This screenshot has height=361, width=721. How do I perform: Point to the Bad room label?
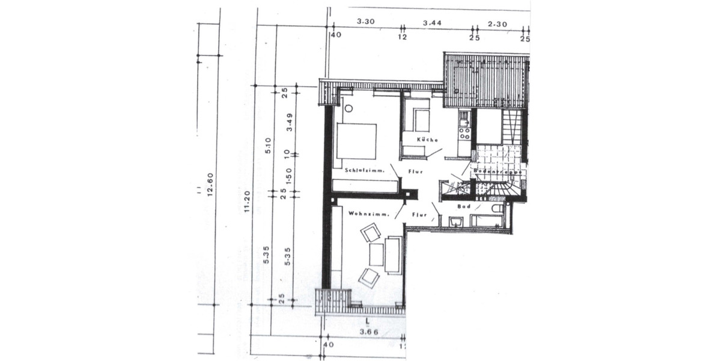point(464,206)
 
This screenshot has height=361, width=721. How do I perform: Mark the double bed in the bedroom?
point(356,141)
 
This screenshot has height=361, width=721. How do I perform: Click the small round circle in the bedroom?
point(348,109)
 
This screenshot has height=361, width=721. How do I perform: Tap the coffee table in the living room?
point(377,255)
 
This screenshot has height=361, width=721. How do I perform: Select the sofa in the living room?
point(394,255)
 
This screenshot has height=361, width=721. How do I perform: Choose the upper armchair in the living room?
point(371,232)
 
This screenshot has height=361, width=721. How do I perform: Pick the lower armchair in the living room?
point(369,277)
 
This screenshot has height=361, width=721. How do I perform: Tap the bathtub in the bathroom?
point(487,220)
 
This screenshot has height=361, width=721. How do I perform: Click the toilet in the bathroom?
point(497,208)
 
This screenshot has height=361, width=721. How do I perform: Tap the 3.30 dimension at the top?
point(365,22)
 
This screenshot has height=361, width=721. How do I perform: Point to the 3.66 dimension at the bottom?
point(368,332)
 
